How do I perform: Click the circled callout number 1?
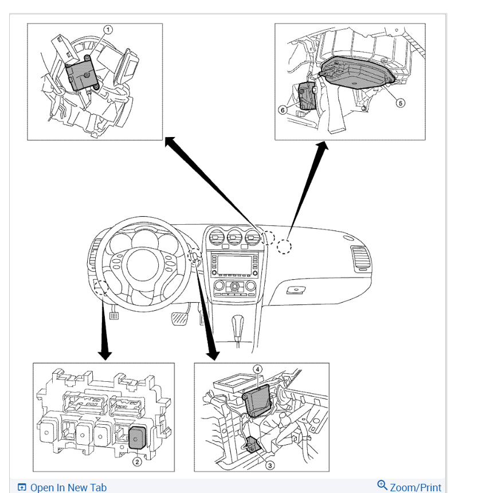tap(107, 29)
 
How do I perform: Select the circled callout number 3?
tap(270, 465)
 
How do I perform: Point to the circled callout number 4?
tap(258, 370)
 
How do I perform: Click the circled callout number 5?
tap(401, 103)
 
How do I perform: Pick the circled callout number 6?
tap(282, 110)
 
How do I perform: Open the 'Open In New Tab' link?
tap(68, 487)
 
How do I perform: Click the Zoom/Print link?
tap(415, 487)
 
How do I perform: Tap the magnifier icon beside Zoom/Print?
tap(382, 486)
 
